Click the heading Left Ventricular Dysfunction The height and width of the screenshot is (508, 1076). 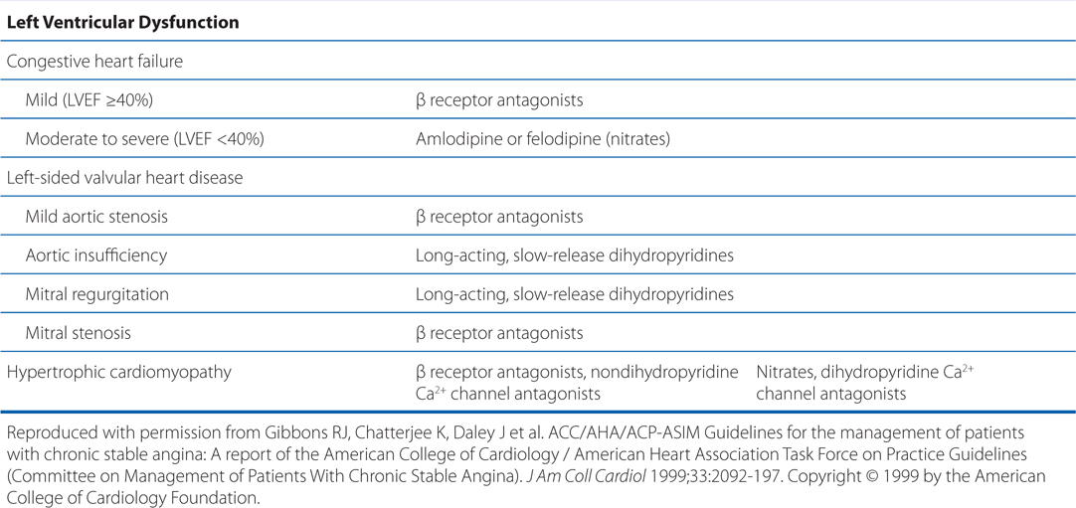pyautogui.click(x=122, y=22)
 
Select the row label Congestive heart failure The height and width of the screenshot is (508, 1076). pyautogui.click(x=94, y=62)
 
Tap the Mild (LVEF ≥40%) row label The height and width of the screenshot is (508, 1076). pyautogui.click(x=89, y=100)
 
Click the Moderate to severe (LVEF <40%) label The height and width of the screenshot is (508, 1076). pyautogui.click(x=144, y=139)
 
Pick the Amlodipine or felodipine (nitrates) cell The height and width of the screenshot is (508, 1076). pyautogui.click(x=543, y=139)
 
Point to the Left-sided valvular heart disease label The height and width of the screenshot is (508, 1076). pyautogui.click(x=125, y=178)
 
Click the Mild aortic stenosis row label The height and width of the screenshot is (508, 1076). pyautogui.click(x=96, y=217)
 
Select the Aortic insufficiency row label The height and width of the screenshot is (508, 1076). pyautogui.click(x=96, y=255)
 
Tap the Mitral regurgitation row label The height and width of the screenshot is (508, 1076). pyautogui.click(x=97, y=294)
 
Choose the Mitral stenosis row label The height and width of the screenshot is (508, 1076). pyautogui.click(x=79, y=333)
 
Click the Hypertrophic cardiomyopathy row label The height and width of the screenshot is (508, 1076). pyautogui.click(x=119, y=373)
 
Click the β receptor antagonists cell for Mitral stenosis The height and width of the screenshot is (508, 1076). pyautogui.click(x=499, y=333)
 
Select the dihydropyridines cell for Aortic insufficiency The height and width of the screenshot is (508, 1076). pyautogui.click(x=575, y=255)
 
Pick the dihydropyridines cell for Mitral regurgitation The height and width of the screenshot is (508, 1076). pyautogui.click(x=575, y=294)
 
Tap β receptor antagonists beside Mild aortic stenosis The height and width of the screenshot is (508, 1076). pyautogui.click(x=499, y=217)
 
